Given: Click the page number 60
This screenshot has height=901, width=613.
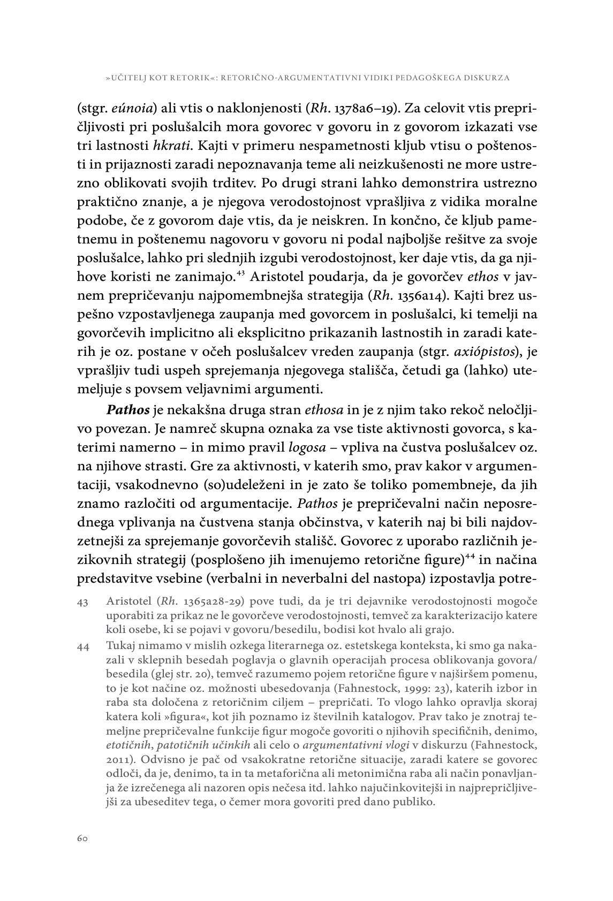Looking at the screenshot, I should click(x=82, y=838).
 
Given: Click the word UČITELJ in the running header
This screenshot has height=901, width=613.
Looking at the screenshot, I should click(x=130, y=78).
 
